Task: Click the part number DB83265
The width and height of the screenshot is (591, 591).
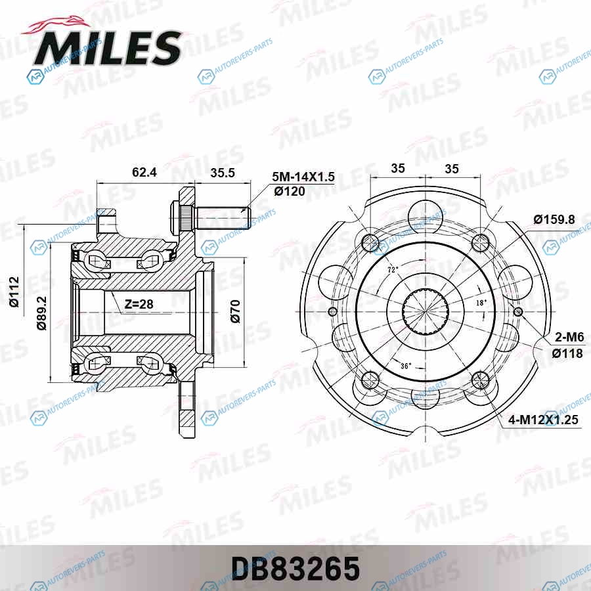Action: point(295,569)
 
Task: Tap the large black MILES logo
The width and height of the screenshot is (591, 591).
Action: point(108,48)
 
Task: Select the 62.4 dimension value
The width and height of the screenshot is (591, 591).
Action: point(144,172)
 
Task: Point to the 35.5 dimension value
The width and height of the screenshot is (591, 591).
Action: point(223,173)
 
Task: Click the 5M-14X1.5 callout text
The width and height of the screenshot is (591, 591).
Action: point(303,177)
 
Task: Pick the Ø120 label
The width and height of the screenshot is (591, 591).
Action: point(290,192)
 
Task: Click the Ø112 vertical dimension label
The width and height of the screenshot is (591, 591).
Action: point(14,292)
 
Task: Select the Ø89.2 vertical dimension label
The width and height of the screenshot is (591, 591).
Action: point(41,313)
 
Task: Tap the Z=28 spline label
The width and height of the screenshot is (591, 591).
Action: point(139,304)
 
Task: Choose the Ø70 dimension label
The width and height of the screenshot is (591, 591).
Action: point(235,311)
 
